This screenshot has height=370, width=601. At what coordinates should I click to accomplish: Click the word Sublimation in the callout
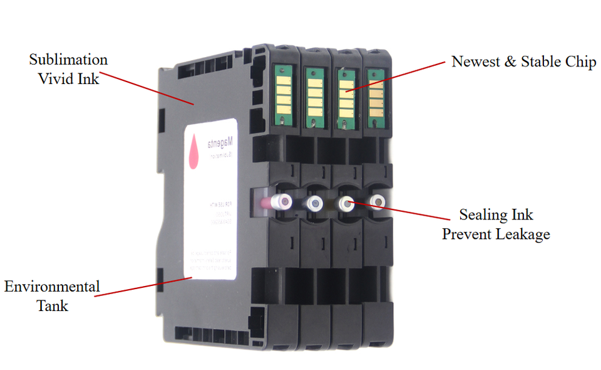(68, 60)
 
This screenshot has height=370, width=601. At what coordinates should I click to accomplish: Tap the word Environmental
(52, 287)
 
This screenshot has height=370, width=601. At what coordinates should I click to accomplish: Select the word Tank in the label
(52, 306)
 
